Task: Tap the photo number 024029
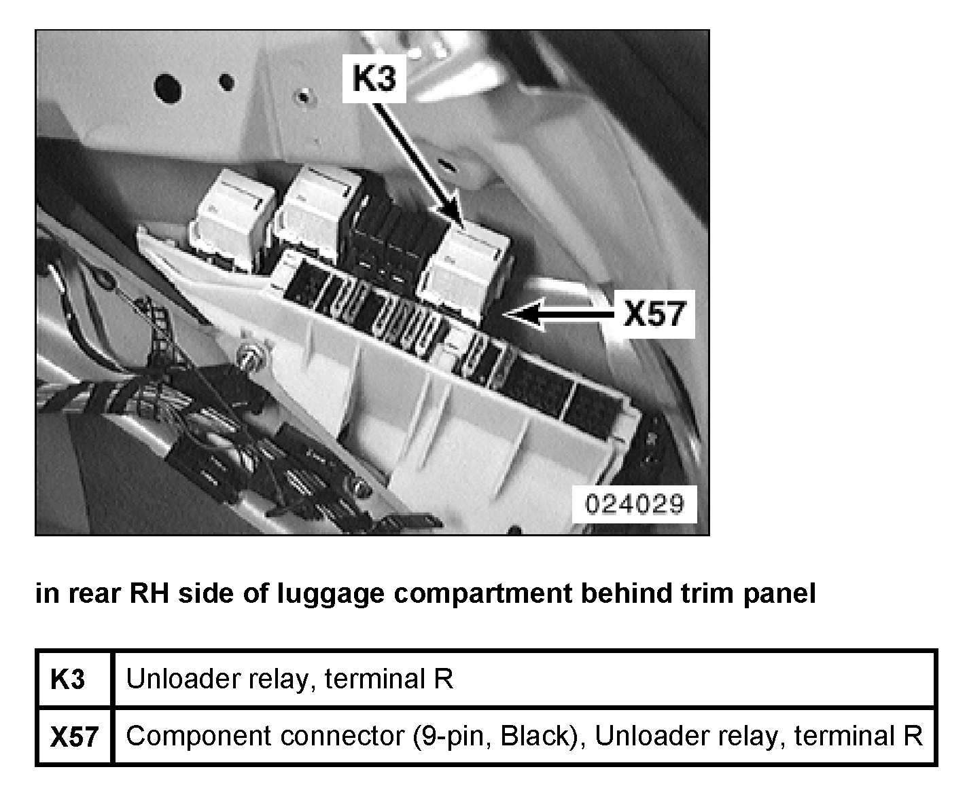coord(634,504)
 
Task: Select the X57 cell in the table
coord(74,737)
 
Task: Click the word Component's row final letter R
coord(913,736)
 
